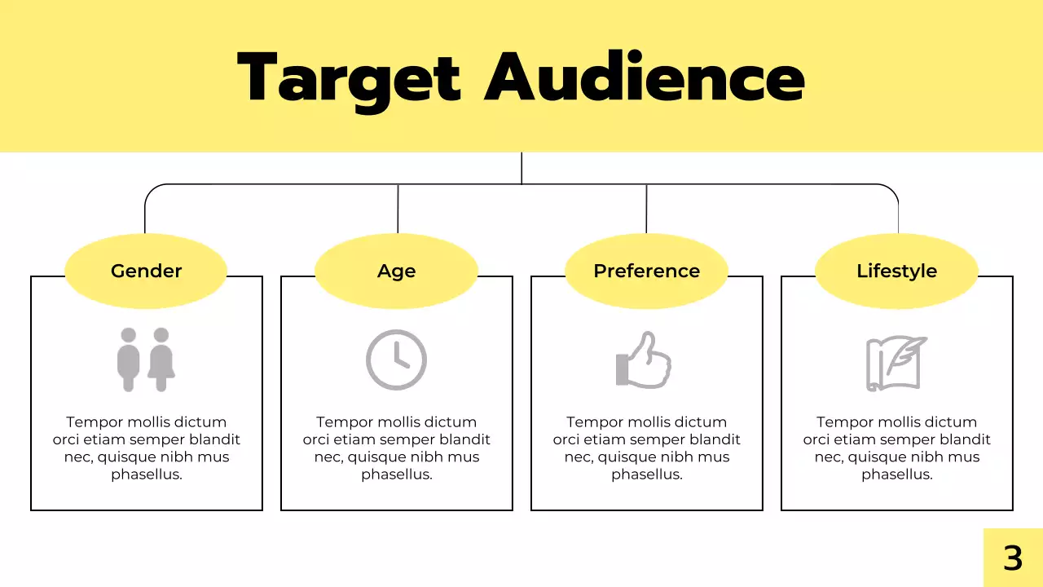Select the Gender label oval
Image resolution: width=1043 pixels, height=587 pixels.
pos(146,271)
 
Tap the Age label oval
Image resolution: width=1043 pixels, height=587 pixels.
pos(396,271)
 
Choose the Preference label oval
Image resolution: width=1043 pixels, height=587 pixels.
pos(646,271)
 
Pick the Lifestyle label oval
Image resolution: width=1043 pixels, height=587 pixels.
pos(896,271)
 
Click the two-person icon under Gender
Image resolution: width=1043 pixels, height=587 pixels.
pos(146,360)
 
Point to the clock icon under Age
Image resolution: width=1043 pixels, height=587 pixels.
pos(396,360)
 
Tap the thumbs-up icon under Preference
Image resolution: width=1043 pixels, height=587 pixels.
pos(644,360)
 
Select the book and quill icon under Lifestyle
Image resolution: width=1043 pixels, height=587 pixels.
pos(896,362)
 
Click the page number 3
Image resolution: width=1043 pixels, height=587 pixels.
pos(1013,558)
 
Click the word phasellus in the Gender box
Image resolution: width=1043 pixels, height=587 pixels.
pos(147,474)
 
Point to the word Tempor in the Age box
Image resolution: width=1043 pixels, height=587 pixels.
pos(343,422)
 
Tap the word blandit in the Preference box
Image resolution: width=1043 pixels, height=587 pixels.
pos(714,439)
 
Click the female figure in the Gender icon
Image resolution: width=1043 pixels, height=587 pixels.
pos(161,360)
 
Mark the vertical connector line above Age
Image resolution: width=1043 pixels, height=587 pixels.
pos(398,210)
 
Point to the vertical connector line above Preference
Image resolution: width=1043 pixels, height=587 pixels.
pos(646,210)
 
